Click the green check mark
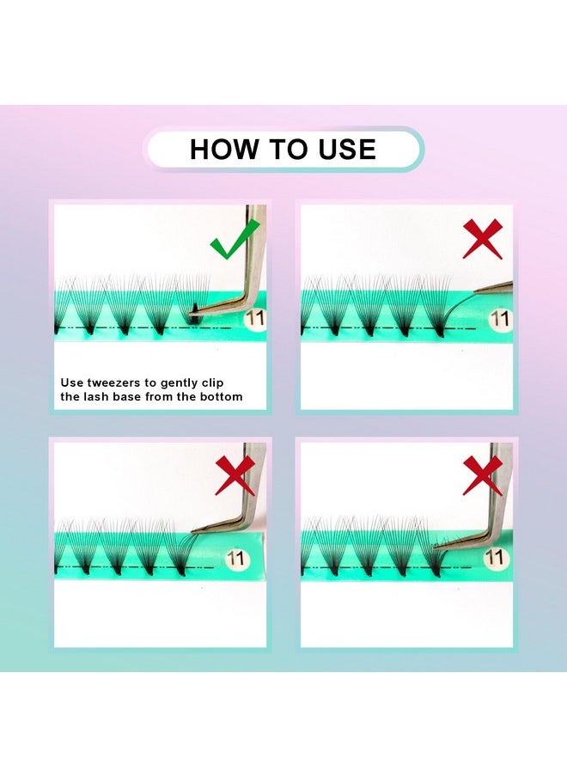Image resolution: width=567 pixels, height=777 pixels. [x=233, y=242]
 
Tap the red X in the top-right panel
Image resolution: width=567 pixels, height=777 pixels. [x=482, y=239]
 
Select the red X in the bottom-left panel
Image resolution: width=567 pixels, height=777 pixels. [x=235, y=475]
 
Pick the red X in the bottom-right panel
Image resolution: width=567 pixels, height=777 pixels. [x=482, y=475]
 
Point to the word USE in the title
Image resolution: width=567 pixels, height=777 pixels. [x=346, y=150]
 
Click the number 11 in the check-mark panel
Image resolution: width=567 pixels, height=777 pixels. [x=255, y=318]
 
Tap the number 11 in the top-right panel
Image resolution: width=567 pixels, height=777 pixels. [x=499, y=319]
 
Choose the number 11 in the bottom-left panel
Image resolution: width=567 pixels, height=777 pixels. [x=235, y=559]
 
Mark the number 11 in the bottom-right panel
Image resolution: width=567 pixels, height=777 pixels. [x=494, y=558]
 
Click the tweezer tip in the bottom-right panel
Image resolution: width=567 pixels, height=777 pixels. [x=435, y=547]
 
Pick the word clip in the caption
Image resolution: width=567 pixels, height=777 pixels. [x=212, y=383]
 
